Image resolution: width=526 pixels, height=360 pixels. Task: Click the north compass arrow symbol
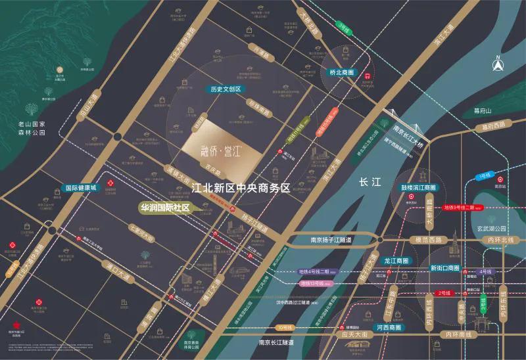click(498, 65)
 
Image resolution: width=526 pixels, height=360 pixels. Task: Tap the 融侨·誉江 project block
click(214, 147)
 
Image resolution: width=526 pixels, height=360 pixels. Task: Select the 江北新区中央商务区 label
click(240, 188)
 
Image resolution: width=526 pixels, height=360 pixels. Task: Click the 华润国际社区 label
click(164, 208)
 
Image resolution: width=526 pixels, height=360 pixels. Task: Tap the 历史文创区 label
click(226, 89)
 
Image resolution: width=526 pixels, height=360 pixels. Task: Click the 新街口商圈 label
click(447, 268)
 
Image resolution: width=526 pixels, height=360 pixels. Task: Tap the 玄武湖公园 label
click(493, 229)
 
